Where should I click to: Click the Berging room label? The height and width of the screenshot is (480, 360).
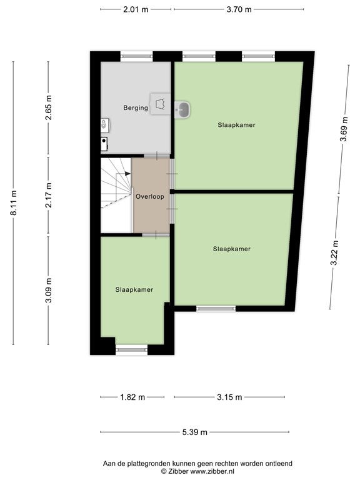pyautogui.click(x=136, y=107)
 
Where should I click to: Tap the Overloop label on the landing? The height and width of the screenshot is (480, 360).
pyautogui.click(x=150, y=196)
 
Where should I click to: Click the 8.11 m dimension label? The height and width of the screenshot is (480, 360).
pyautogui.click(x=14, y=202)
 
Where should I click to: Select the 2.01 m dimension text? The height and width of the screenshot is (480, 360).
pyautogui.click(x=136, y=9)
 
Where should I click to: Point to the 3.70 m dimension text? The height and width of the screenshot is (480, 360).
pyautogui.click(x=239, y=9)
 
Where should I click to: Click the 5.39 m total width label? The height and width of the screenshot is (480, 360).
pyautogui.click(x=195, y=432)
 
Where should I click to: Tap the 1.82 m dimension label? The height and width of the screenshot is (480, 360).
pyautogui.click(x=132, y=397)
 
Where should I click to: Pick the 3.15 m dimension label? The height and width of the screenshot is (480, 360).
pyautogui.click(x=229, y=397)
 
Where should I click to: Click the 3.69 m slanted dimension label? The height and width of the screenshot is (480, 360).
pyautogui.click(x=344, y=129)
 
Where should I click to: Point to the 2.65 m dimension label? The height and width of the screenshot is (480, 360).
pyautogui.click(x=48, y=107)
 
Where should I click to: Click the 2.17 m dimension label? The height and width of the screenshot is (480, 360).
pyautogui.click(x=48, y=195)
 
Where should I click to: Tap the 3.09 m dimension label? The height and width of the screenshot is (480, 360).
pyautogui.click(x=48, y=290)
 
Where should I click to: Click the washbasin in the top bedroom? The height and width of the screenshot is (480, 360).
pyautogui.click(x=182, y=109)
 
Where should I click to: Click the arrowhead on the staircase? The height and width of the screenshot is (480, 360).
pyautogui.click(x=127, y=174)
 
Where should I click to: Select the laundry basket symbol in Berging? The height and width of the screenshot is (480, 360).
pyautogui.click(x=161, y=104)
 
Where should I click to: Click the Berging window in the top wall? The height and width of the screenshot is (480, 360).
pyautogui.click(x=136, y=56)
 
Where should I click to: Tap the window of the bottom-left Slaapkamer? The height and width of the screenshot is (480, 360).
pyautogui.click(x=132, y=350)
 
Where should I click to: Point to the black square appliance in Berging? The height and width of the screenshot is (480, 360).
pyautogui.click(x=104, y=144)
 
